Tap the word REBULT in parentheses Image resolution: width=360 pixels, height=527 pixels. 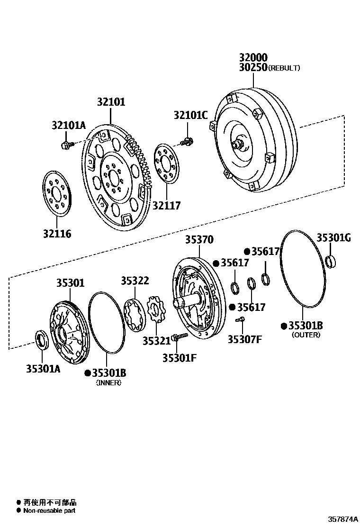coord(284,68)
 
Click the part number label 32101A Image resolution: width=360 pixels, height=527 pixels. coord(68,125)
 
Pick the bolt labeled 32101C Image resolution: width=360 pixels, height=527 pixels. coord(188,141)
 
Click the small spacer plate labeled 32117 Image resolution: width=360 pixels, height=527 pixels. coord(167,164)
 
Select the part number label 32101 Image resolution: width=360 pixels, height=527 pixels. coord(111,101)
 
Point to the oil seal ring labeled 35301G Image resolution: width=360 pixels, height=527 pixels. coord(333,261)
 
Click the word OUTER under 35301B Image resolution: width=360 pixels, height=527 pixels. coord(306,335)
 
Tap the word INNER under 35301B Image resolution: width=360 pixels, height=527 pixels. coord(108,382)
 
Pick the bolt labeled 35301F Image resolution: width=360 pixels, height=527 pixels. coord(176,337)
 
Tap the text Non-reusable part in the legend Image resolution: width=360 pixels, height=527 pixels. coord(49,510)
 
